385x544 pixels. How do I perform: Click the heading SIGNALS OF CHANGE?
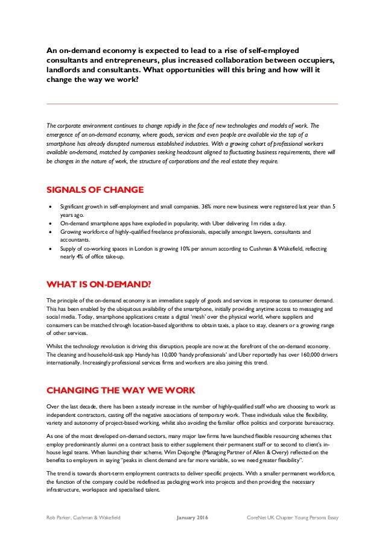click(x=95, y=190)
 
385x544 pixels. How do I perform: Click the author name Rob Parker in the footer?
click(x=61, y=517)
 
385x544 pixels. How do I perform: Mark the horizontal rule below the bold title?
click(x=192, y=104)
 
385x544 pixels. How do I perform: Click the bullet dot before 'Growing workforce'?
click(x=50, y=231)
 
